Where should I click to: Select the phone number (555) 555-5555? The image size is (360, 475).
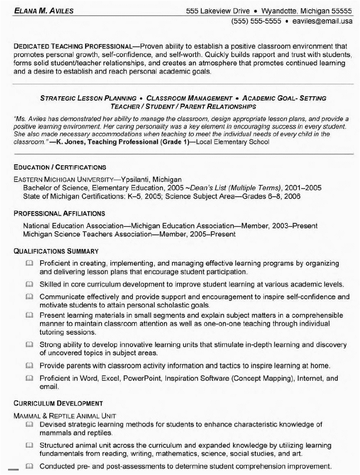(x=256, y=21)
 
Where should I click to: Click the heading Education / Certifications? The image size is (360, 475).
(x=60, y=168)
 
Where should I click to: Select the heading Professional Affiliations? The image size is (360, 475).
(x=59, y=214)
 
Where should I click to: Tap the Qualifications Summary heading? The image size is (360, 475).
(x=56, y=251)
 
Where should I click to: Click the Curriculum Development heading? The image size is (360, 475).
(x=58, y=404)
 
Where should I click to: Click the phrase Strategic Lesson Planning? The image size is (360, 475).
(x=88, y=98)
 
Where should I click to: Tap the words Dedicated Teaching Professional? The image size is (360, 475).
(x=73, y=46)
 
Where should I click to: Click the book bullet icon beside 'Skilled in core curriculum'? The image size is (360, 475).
(x=29, y=284)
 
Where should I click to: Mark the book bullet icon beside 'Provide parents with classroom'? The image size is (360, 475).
(x=29, y=366)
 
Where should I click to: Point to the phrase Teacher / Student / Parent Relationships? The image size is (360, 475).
(x=183, y=106)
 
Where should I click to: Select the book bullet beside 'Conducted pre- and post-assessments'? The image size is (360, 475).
(x=29, y=467)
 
